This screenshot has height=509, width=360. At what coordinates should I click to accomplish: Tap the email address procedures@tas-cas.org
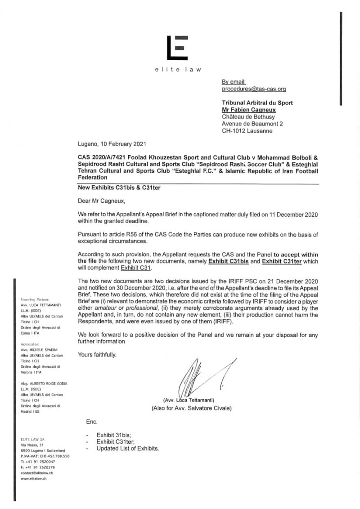254,89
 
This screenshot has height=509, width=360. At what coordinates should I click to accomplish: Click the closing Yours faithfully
97,355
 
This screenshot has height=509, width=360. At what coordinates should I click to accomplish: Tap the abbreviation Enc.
91,422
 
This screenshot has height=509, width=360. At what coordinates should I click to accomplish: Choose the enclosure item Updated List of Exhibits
128,448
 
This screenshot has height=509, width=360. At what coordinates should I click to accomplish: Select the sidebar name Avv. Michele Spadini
43,349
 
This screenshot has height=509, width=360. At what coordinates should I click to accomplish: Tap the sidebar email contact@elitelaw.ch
37,473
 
